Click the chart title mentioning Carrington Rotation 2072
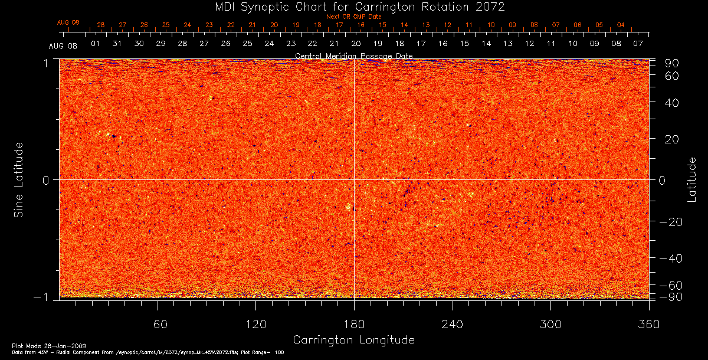[353, 6]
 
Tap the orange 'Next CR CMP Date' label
[353, 17]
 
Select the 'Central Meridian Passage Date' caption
[353, 55]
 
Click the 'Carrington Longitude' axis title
[353, 340]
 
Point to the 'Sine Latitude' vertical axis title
[19, 179]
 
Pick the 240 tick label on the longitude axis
[453, 324]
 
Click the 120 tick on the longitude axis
[255, 324]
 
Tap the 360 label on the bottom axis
[649, 324]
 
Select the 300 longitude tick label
[550, 324]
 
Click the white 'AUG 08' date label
[63, 45]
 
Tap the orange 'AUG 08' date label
[68, 22]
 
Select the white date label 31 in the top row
[117, 44]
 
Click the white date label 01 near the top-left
[95, 44]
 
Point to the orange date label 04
[621, 25]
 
